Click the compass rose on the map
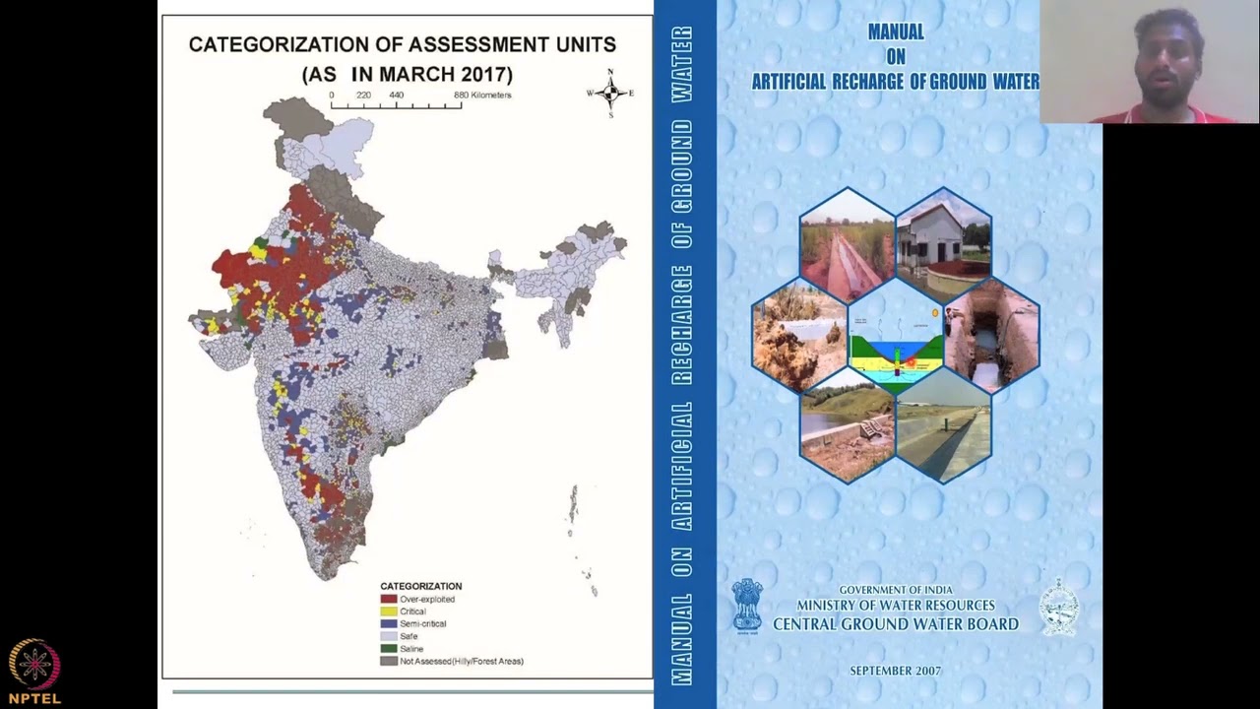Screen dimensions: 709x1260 point(610,93)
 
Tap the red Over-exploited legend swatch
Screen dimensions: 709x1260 point(388,599)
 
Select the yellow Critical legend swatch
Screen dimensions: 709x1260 point(388,612)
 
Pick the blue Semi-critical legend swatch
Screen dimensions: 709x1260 point(388,623)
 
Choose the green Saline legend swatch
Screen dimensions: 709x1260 point(388,649)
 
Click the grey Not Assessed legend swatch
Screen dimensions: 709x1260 point(388,661)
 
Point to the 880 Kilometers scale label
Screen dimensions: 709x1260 point(482,96)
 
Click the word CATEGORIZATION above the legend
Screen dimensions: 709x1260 point(420,586)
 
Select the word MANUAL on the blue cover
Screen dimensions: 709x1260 point(896,32)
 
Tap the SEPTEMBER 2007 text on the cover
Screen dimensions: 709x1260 point(895,671)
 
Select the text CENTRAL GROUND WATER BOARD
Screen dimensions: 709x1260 point(895,624)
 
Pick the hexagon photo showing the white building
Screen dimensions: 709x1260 point(942,241)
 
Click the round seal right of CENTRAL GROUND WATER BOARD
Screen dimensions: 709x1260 point(1059,606)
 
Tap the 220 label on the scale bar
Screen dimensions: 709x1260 point(363,96)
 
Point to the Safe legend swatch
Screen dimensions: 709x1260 point(388,636)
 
